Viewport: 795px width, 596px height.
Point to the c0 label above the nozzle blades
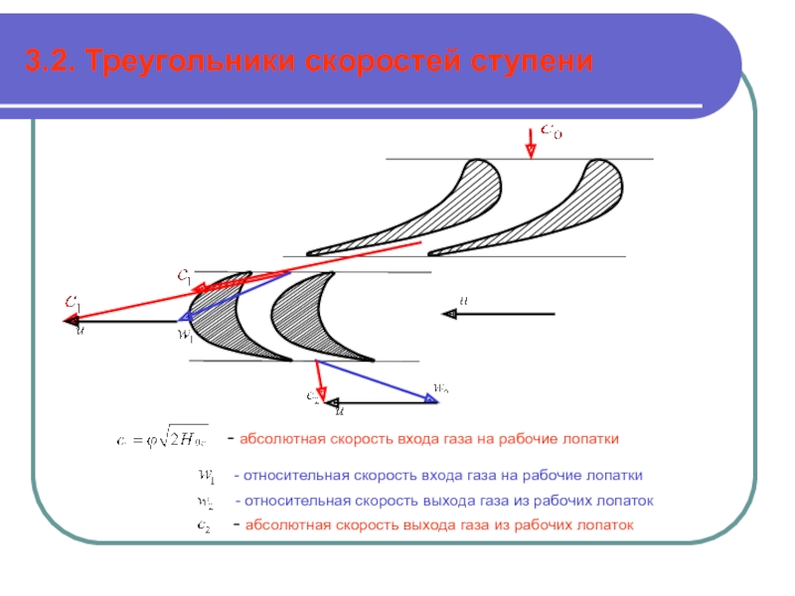[552, 130]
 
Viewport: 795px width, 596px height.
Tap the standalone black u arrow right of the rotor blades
[497, 314]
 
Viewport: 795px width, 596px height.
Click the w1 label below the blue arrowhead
[185, 335]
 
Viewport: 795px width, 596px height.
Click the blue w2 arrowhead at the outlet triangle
[429, 399]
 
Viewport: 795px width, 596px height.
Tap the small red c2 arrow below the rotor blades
[319, 378]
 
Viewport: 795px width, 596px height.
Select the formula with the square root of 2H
[165, 438]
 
